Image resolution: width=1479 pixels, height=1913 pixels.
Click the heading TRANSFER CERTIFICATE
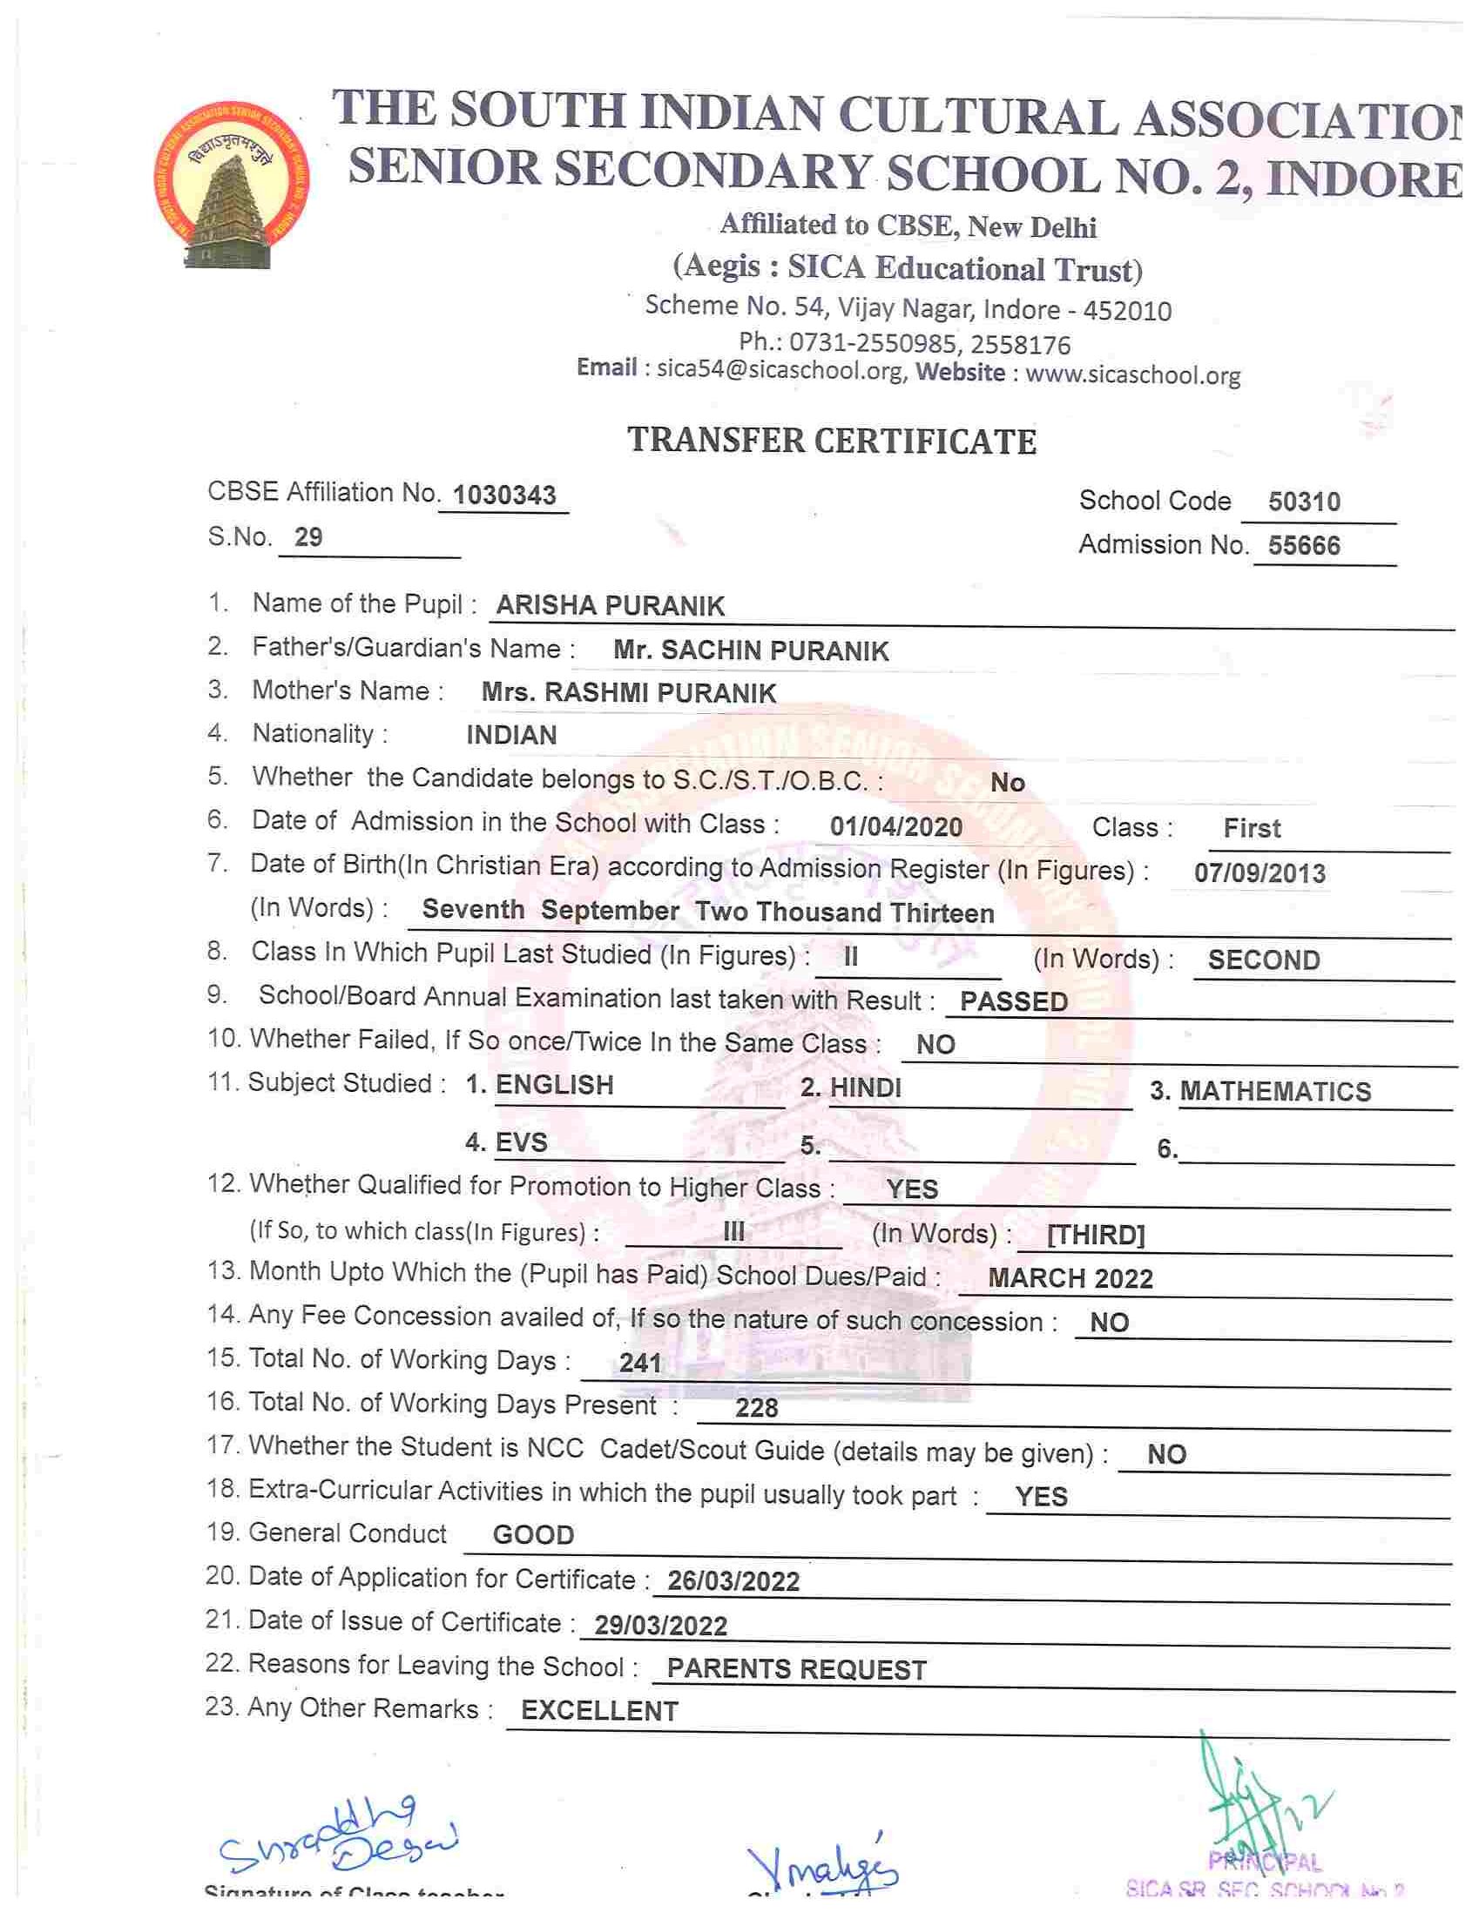[832, 441]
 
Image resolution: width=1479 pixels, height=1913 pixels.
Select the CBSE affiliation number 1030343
[504, 495]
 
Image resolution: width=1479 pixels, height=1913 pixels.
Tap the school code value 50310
[1304, 502]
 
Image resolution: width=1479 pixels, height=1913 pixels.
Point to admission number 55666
[1304, 546]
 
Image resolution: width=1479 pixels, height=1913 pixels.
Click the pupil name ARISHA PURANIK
[610, 605]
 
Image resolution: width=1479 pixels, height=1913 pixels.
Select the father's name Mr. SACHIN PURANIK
[751, 650]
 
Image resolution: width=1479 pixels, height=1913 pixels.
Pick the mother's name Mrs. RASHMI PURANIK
[628, 693]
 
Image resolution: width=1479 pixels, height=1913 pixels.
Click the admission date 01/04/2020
[895, 827]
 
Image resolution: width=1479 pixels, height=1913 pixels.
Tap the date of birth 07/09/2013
[1260, 873]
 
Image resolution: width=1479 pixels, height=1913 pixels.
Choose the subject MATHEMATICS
[1275, 1091]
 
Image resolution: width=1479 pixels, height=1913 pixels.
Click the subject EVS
[522, 1142]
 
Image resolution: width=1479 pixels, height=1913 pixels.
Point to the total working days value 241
[639, 1363]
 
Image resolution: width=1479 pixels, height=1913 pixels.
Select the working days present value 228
[756, 1408]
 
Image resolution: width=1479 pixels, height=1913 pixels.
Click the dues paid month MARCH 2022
[1070, 1278]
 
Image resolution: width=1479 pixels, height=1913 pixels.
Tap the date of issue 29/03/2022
[660, 1627]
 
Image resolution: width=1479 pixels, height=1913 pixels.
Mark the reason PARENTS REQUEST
[796, 1669]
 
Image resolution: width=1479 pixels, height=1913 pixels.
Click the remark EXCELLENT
[599, 1712]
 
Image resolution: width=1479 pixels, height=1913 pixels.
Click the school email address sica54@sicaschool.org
[780, 372]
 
